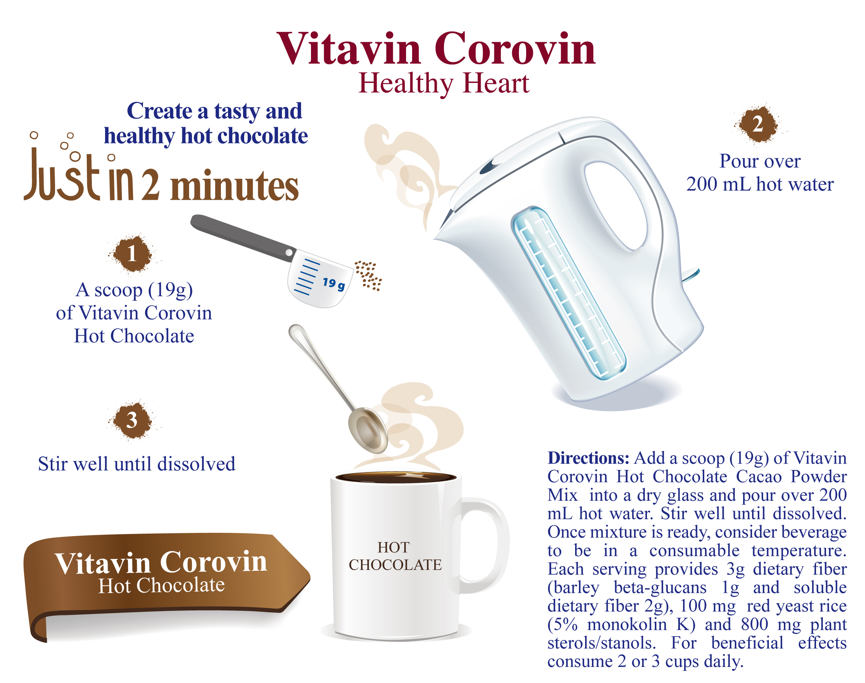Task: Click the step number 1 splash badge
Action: (x=132, y=253)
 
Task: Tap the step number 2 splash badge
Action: (x=757, y=124)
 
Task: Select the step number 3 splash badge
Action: (x=132, y=420)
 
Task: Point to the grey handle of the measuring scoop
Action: (x=243, y=238)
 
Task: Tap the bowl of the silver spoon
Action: (x=367, y=430)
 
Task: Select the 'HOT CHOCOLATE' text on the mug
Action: (x=395, y=556)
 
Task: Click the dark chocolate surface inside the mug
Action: (x=396, y=477)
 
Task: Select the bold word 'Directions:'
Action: (x=588, y=458)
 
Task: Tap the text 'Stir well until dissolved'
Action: (x=137, y=464)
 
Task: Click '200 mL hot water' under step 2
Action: (x=760, y=184)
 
